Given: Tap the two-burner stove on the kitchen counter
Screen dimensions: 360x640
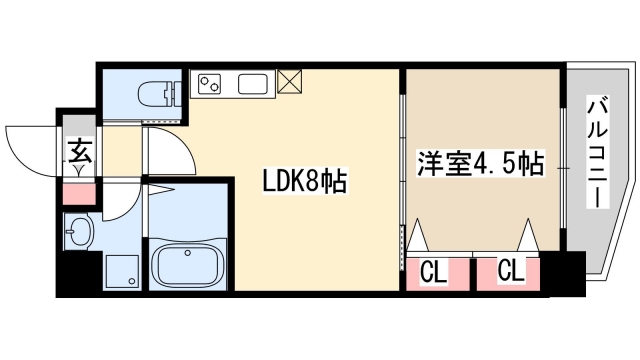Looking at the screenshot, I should point(212,84).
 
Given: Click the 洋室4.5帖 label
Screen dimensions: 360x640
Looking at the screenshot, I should point(480,163).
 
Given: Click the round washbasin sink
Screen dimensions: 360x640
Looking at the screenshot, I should point(77,236).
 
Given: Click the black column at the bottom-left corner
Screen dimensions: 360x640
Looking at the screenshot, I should point(71,274).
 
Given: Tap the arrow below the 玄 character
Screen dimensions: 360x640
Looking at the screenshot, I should point(78,170).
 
